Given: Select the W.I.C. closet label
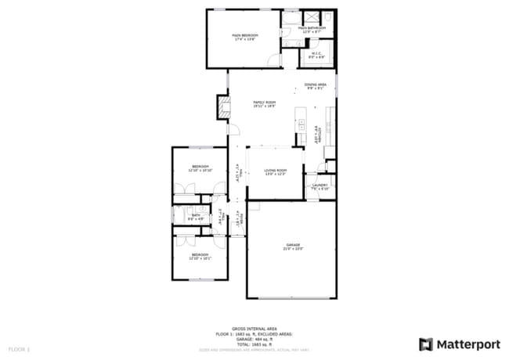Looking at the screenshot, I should coord(316,55).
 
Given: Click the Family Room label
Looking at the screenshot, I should coord(264,104).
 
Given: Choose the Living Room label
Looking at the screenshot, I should coord(274,171).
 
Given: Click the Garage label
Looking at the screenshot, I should coord(293,247).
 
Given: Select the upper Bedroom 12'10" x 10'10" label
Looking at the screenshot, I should coord(200,167).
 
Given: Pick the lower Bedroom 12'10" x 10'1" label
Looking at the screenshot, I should coord(200,256).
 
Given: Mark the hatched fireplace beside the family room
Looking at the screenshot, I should coord(224,108).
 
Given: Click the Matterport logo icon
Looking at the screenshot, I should coord(425,344).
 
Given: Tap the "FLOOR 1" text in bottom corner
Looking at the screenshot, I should coord(19,348).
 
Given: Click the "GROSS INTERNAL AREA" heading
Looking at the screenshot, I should coord(254,329).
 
